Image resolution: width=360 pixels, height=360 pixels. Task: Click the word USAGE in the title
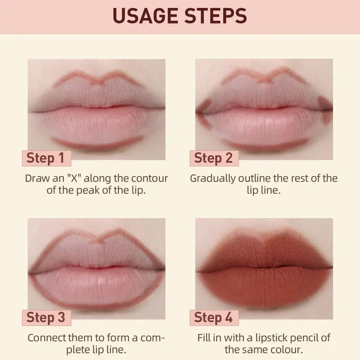[x=143, y=16]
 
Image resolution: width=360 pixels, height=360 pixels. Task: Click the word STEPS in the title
[x=213, y=16]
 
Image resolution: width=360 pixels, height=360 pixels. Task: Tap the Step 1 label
[x=45, y=158]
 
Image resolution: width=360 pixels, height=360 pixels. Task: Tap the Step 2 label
[x=213, y=158]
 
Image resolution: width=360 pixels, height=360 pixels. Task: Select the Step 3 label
[x=46, y=318]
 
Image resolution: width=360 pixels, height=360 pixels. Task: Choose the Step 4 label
[x=213, y=318]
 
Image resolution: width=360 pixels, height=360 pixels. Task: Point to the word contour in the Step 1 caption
[x=149, y=178]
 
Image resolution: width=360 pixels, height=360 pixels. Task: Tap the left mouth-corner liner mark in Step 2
[x=204, y=114]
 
